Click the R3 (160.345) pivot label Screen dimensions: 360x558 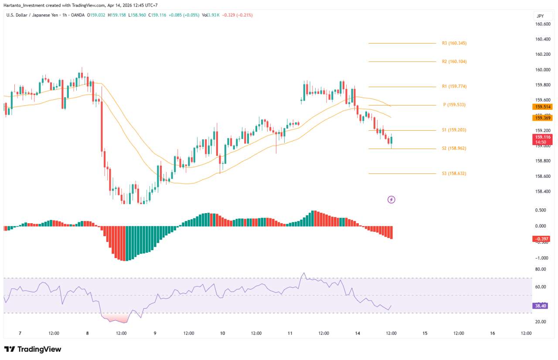coord(454,43)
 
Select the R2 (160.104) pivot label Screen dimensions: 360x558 coord(454,61)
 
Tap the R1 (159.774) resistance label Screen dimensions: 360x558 coord(454,86)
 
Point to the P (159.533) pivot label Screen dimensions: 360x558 coord(454,105)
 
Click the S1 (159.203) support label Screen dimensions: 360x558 coord(454,130)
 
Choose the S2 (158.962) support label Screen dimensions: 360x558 coord(454,148)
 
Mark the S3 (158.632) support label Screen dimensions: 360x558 coord(454,173)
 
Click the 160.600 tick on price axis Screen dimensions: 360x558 coord(542,24)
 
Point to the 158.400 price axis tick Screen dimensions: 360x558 coord(542,191)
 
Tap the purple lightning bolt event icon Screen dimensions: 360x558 coord(391,200)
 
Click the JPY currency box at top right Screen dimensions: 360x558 coord(540,16)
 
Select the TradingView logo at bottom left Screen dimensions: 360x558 coord(33,349)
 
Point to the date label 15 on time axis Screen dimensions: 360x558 coord(425,333)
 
